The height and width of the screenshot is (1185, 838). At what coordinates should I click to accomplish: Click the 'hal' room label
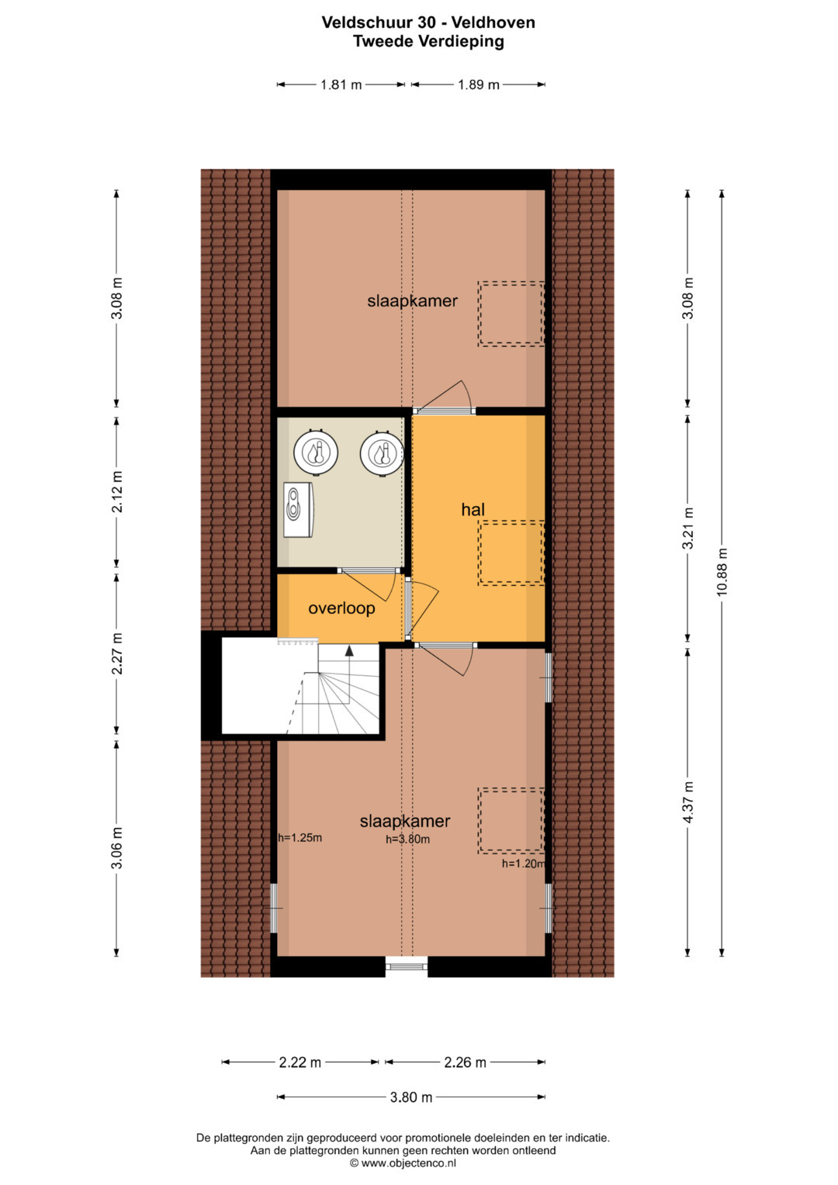473,509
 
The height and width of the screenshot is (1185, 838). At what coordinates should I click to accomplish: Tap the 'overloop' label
341,608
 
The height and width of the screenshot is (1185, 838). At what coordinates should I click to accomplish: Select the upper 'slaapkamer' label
412,301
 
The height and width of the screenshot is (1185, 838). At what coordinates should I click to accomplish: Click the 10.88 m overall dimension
722,573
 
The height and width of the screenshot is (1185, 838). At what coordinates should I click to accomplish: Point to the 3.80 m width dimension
411,1097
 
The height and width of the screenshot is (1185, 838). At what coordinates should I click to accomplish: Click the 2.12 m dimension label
116,491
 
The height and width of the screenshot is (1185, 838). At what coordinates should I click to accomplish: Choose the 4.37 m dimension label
687,802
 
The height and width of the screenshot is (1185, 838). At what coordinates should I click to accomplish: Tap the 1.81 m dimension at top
341,85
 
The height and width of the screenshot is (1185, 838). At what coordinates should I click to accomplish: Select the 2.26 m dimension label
465,1062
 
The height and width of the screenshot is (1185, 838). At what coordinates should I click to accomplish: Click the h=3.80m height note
407,839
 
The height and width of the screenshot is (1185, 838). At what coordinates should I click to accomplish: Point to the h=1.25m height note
300,837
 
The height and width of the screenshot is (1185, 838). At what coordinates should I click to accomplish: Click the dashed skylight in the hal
511,553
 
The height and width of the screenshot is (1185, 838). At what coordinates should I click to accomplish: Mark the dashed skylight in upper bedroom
511,314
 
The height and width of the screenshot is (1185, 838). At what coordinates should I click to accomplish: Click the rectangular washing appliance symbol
299,509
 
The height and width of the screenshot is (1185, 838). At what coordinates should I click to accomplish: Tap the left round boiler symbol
316,452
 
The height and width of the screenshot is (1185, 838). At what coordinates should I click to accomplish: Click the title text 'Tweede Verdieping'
428,41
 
